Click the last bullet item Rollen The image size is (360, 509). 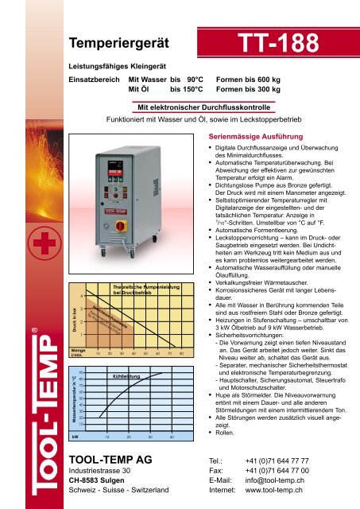pos(226,434)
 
